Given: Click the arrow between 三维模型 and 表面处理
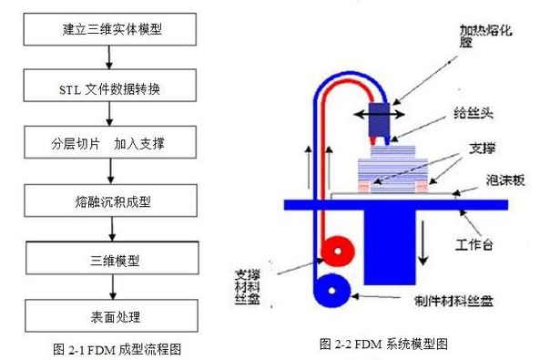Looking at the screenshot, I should [110, 288].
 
